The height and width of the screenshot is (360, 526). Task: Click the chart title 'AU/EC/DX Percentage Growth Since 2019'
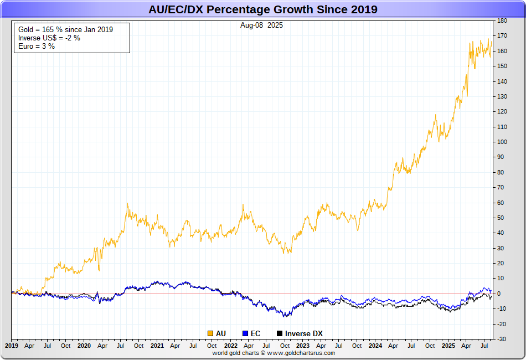tap(263, 9)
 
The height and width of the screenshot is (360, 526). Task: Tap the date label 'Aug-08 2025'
tap(261, 25)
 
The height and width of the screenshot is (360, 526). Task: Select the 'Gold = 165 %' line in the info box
tap(65, 29)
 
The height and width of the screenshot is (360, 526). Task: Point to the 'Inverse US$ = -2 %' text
tap(49, 38)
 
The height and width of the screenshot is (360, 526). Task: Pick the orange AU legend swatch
tap(210, 333)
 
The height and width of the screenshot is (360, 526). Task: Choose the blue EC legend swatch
tap(246, 333)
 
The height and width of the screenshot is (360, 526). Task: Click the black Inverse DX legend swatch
tap(280, 333)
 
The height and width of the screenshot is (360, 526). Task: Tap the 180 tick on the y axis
tap(502, 21)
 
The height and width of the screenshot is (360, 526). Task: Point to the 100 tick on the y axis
tap(502, 142)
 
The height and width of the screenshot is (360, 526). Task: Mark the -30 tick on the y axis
tap(502, 339)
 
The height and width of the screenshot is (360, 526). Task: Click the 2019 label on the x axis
tap(12, 346)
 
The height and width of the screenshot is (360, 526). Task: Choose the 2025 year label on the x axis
tap(448, 346)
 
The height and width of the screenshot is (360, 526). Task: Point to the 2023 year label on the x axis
tap(302, 346)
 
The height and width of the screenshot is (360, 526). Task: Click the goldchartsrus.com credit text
tap(274, 353)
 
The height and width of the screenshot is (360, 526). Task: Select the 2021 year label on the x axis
tap(157, 346)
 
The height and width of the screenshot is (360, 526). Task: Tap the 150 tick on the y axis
tap(502, 66)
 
